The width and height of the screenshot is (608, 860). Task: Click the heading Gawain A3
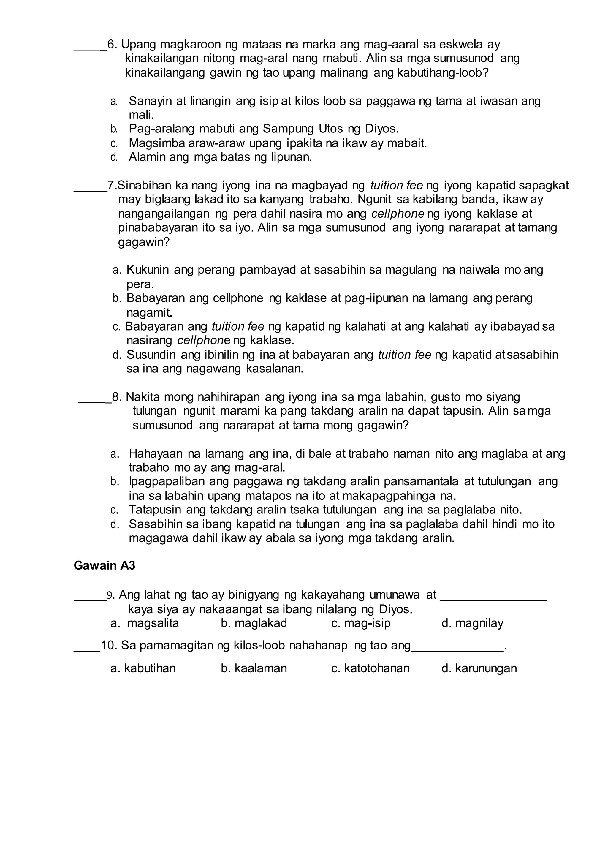click(104, 565)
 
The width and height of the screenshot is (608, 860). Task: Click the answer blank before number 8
click(95, 401)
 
